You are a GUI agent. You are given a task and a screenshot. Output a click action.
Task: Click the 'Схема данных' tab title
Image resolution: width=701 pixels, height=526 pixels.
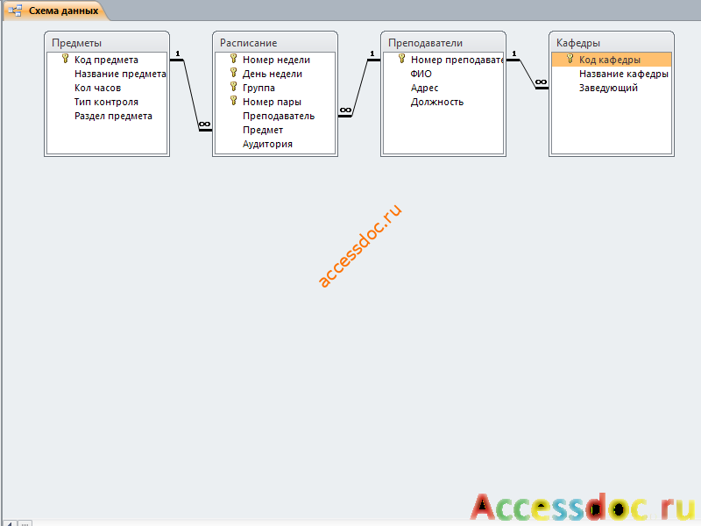[63, 11]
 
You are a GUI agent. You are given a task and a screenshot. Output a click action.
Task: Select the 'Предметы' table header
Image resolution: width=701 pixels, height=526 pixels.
[76, 43]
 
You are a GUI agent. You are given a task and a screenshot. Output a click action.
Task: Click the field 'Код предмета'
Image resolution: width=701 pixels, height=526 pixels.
[106, 60]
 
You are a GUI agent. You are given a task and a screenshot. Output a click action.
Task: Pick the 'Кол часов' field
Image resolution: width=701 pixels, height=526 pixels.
[97, 88]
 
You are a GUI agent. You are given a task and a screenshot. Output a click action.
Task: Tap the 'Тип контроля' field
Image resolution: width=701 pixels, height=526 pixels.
[106, 102]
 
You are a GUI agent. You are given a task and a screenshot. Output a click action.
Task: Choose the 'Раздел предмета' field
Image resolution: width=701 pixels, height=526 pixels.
[113, 116]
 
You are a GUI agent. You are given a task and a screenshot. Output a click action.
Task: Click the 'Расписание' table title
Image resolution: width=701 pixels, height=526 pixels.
[248, 43]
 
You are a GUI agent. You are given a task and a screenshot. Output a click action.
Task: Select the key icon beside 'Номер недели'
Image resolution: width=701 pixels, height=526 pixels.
[233, 59]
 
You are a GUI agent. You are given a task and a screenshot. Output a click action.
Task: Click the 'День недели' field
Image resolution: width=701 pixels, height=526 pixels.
[273, 74]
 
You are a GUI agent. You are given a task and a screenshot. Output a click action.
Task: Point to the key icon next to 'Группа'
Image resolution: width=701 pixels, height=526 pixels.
[233, 86]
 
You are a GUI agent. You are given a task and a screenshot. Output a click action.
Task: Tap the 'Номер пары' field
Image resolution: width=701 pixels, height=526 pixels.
[272, 102]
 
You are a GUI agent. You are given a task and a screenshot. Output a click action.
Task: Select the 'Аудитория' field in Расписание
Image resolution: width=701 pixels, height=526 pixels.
[267, 144]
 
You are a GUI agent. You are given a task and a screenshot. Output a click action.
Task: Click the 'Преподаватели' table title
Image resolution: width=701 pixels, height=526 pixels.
[425, 43]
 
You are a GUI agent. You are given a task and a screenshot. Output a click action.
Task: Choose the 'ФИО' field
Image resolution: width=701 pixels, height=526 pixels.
[421, 74]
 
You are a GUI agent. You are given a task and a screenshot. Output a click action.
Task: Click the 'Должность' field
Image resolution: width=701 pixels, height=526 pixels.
[437, 102]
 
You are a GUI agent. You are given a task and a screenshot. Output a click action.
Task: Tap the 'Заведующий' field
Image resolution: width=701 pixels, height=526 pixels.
[608, 88]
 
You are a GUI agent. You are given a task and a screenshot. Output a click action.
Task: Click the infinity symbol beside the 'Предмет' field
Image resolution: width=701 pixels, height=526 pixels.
[204, 124]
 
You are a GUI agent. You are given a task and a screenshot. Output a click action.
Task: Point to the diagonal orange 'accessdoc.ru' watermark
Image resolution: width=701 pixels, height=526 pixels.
[360, 245]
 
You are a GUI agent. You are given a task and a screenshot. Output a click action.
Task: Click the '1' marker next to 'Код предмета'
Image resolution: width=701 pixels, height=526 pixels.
[178, 53]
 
